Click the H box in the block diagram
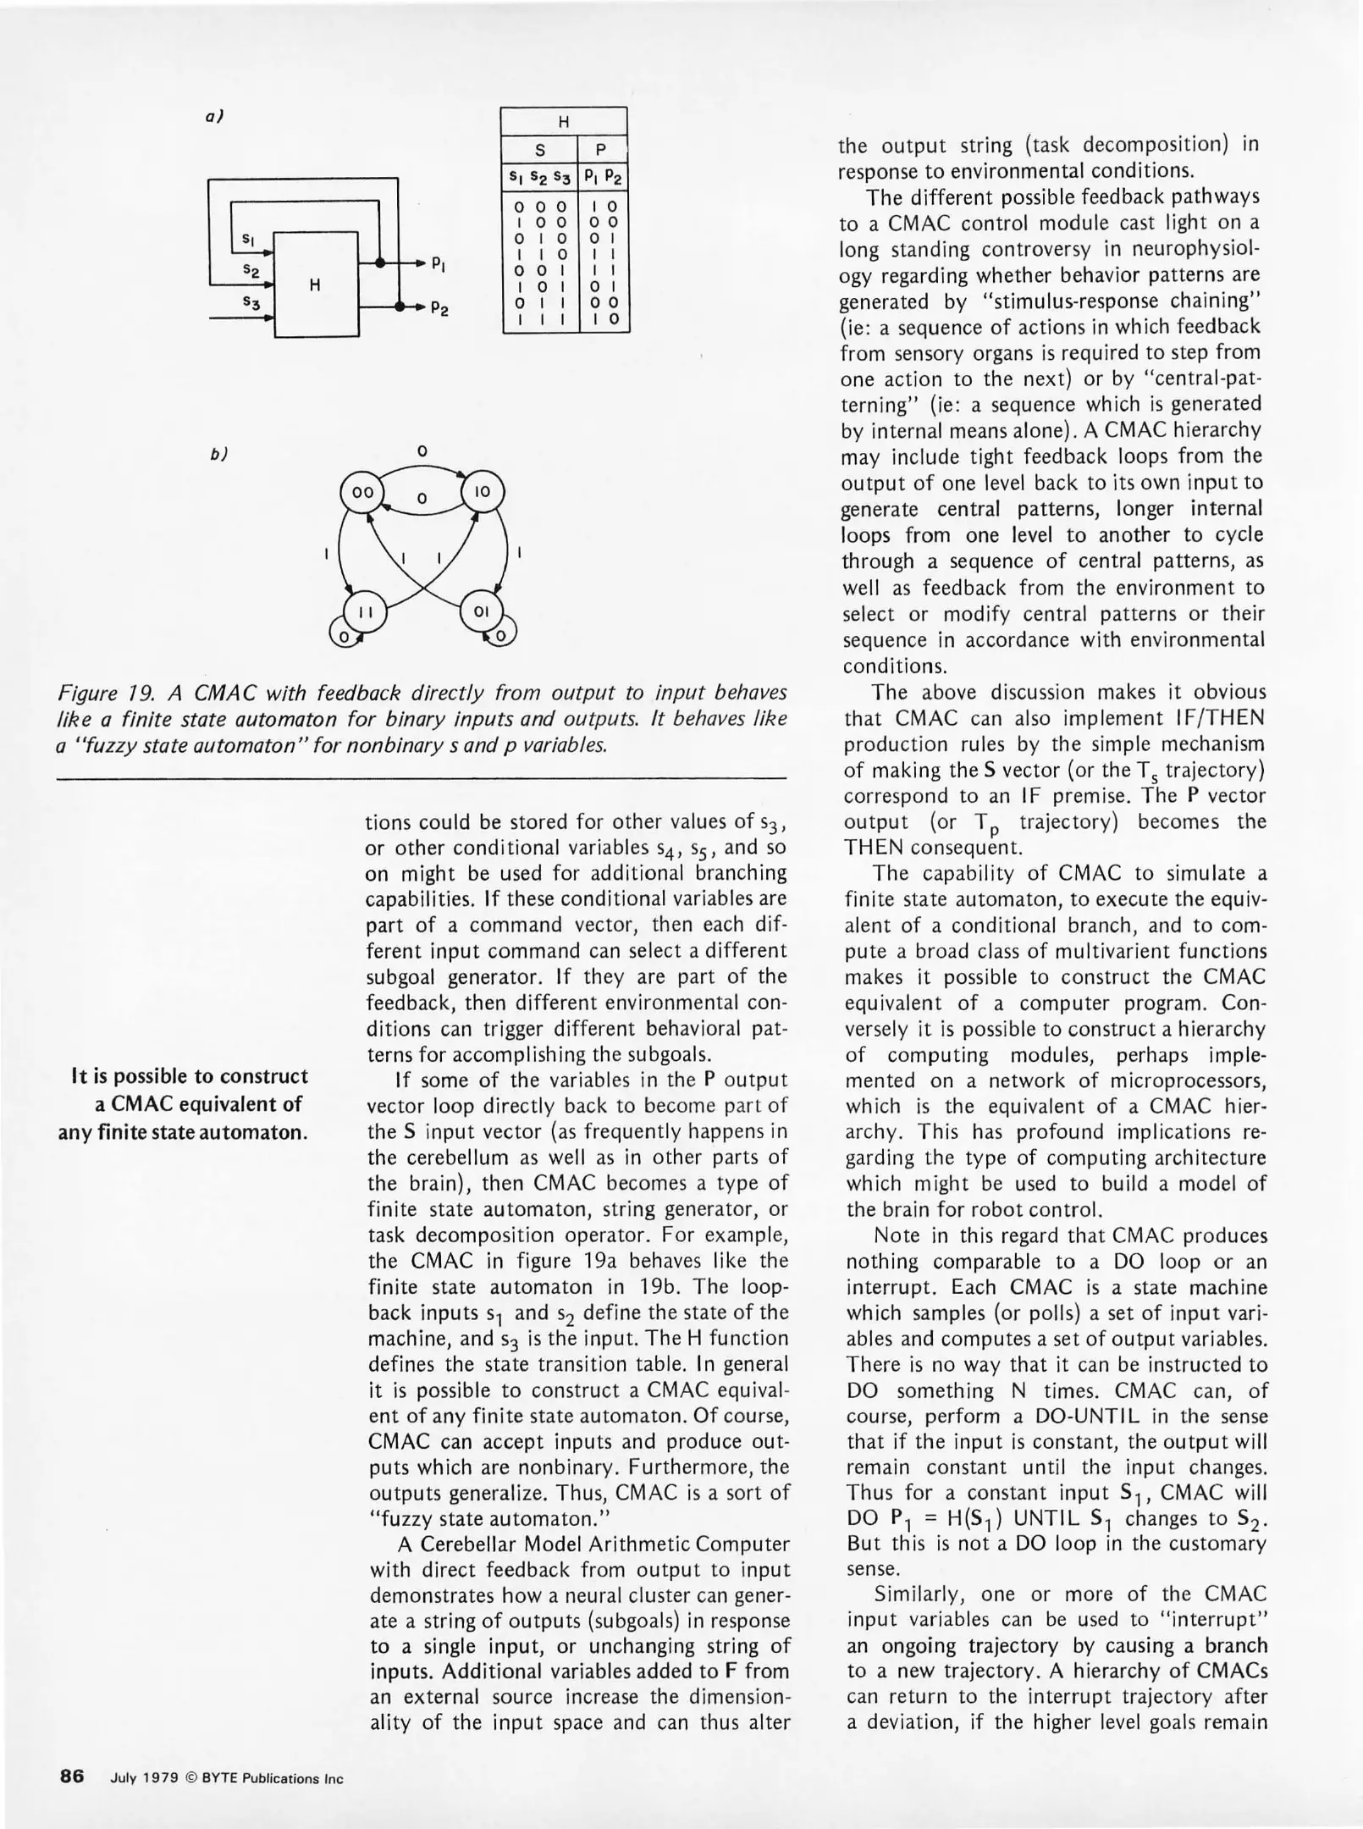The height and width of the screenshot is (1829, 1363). [x=316, y=285]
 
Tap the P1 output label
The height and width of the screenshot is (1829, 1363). [x=439, y=264]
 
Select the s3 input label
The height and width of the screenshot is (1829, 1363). [x=248, y=301]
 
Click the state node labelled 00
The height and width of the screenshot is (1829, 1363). [x=361, y=492]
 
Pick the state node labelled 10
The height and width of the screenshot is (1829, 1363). [x=481, y=492]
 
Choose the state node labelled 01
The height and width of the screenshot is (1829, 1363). [x=481, y=611]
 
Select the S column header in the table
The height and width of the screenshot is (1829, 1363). [x=540, y=150]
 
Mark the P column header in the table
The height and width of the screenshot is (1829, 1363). [x=601, y=150]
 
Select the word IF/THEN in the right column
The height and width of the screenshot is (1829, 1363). [x=1218, y=718]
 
